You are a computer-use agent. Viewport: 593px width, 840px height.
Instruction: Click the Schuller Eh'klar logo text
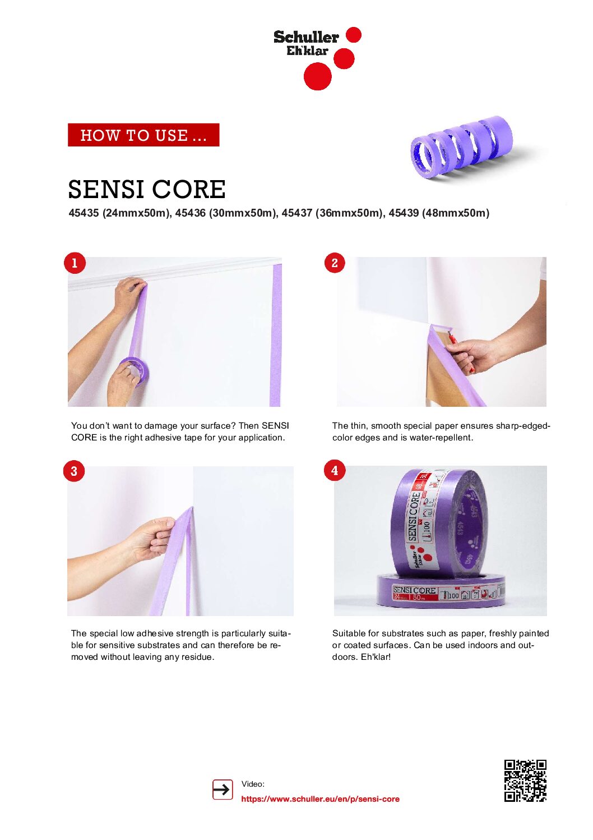pyautogui.click(x=306, y=43)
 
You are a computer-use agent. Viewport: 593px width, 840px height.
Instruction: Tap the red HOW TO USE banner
pyautogui.click(x=143, y=135)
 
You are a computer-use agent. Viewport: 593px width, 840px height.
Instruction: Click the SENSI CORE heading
pyautogui.click(x=147, y=189)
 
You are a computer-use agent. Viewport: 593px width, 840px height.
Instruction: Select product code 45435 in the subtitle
pyautogui.click(x=84, y=213)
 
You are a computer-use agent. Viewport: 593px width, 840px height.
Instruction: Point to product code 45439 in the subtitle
pyautogui.click(x=404, y=213)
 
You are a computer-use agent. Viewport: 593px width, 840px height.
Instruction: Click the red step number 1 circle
pyautogui.click(x=75, y=263)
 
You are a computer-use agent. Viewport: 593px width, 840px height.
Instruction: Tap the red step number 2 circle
pyautogui.click(x=335, y=263)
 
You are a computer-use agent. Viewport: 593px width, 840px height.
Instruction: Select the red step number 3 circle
pyautogui.click(x=74, y=471)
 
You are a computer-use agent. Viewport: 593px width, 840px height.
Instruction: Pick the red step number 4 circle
pyautogui.click(x=335, y=470)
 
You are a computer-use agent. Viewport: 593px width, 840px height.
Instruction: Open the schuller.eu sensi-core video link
pyautogui.click(x=320, y=798)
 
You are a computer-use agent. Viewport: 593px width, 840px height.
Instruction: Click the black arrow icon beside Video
pyautogui.click(x=223, y=789)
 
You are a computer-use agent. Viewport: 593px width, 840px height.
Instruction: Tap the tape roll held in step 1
pyautogui.click(x=134, y=371)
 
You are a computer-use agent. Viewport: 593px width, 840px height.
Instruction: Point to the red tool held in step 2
pyautogui.click(x=459, y=347)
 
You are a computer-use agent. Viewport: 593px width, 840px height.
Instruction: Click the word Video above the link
pyautogui.click(x=253, y=784)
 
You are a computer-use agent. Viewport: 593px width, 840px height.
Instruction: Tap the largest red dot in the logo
pyautogui.click(x=318, y=76)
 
